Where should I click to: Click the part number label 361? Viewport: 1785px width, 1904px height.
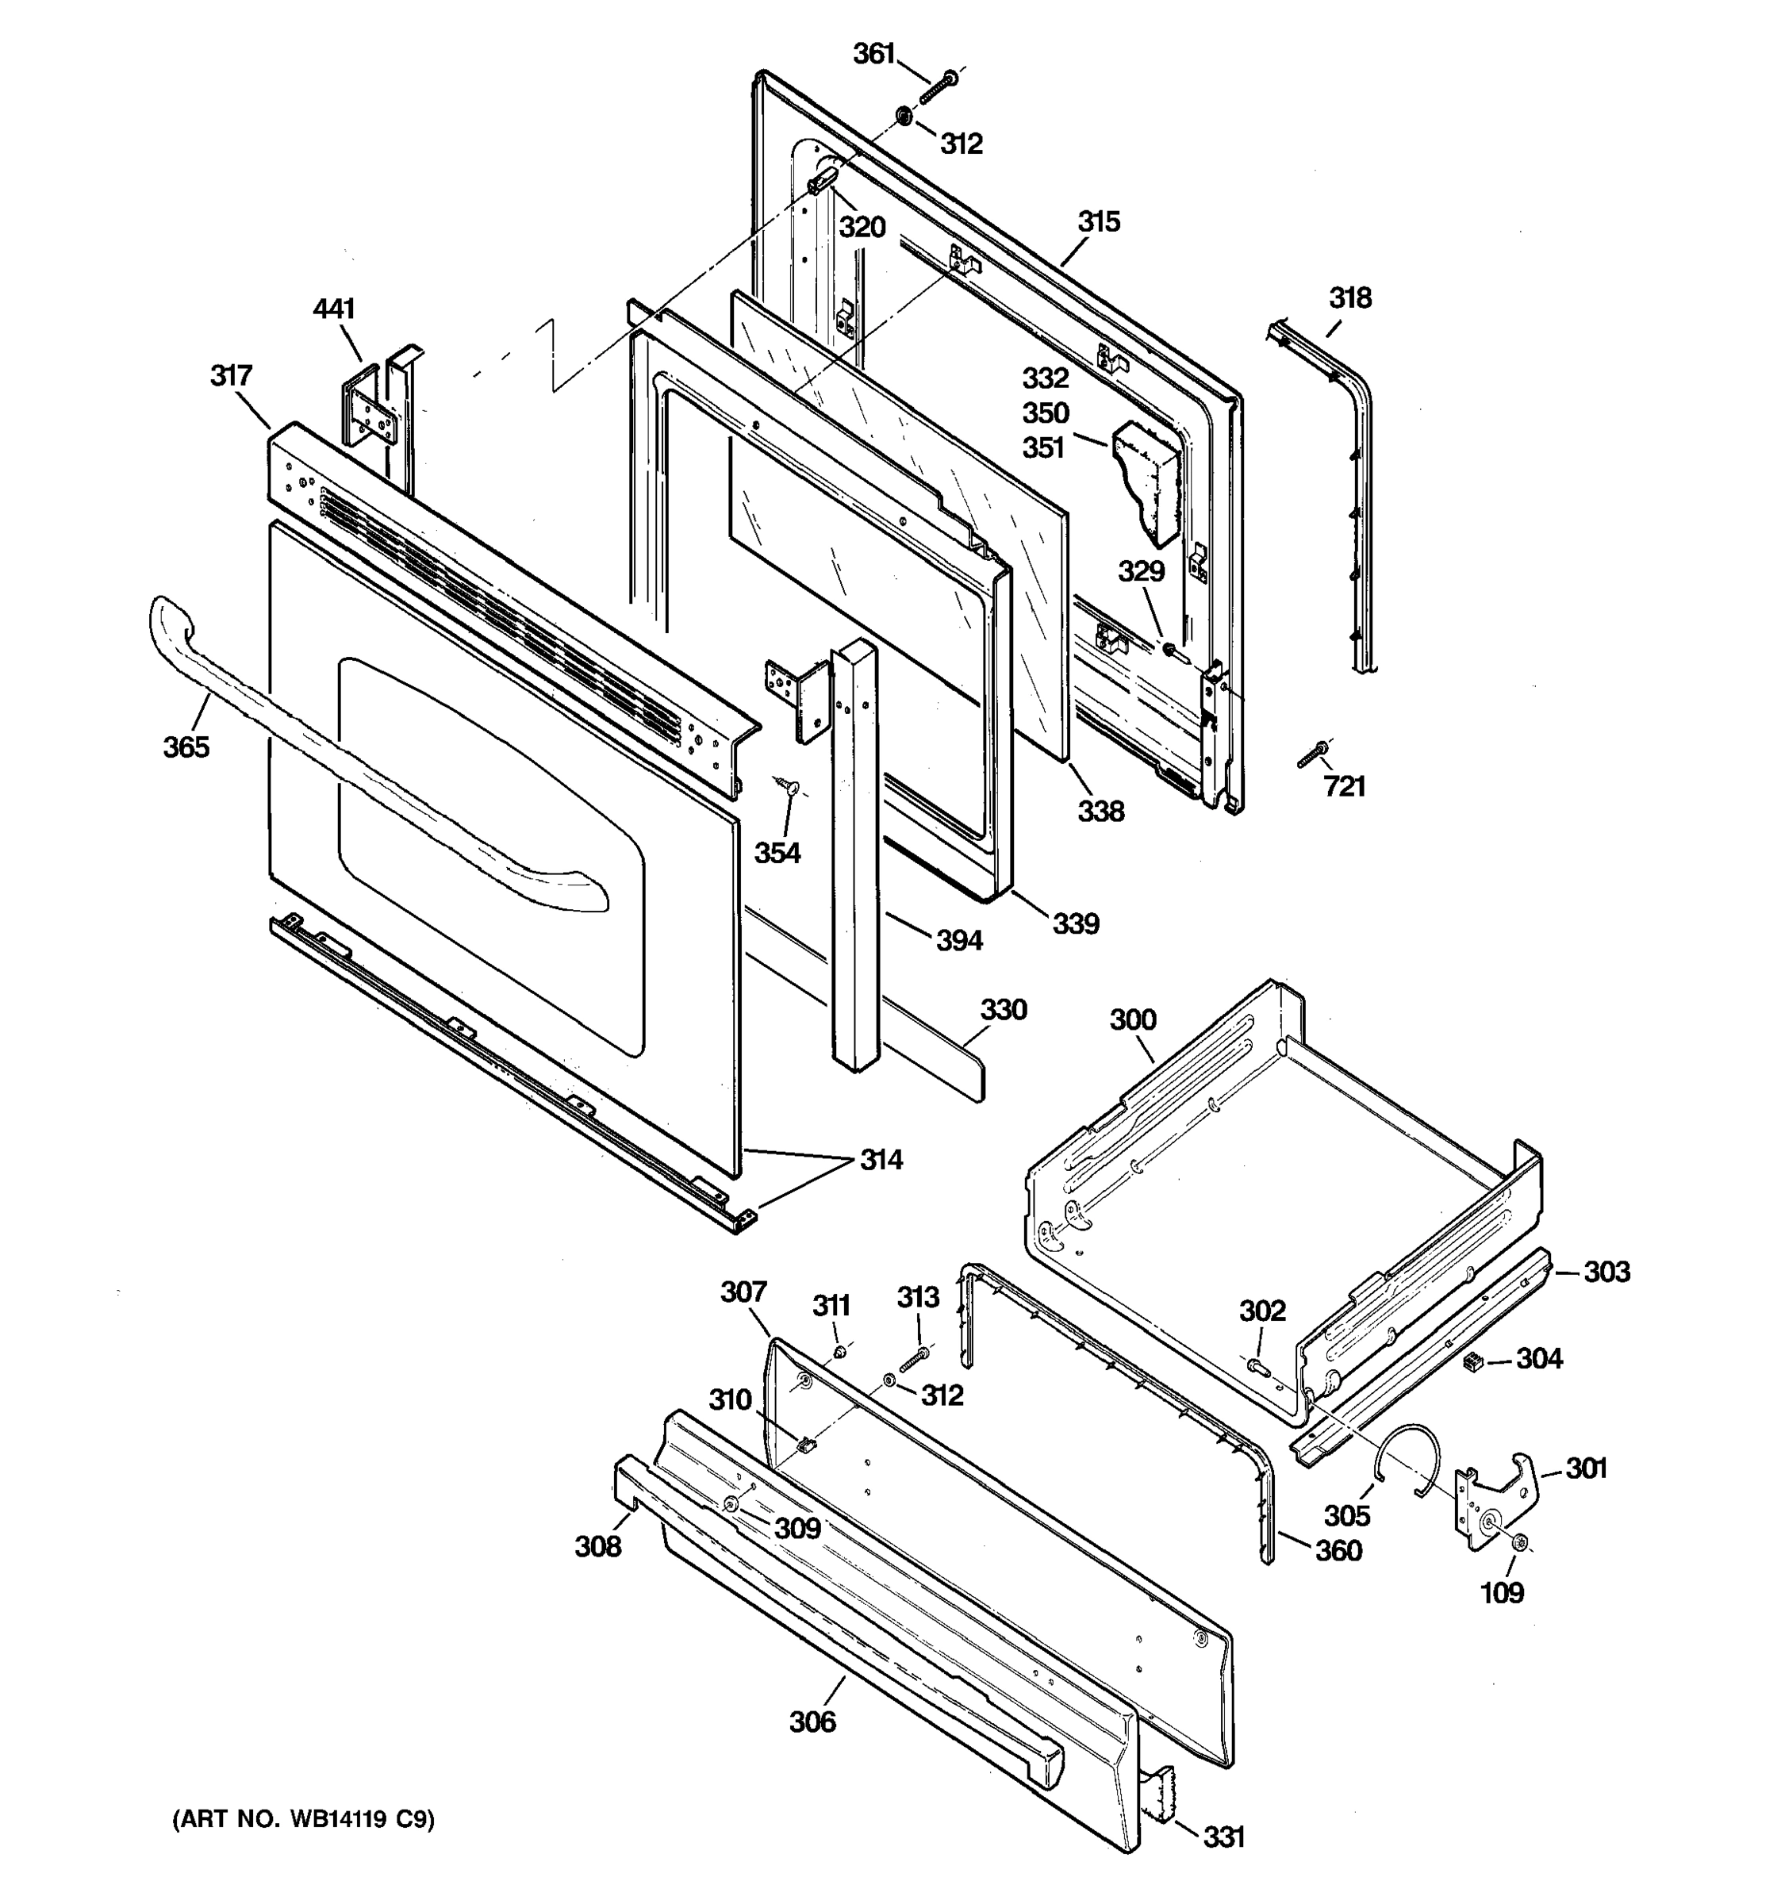point(873,55)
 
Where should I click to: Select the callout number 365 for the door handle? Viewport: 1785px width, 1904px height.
point(186,747)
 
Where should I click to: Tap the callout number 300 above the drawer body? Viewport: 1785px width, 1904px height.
point(1133,1020)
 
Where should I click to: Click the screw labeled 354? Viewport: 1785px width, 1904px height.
point(790,787)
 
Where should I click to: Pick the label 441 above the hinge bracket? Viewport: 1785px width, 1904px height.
point(334,309)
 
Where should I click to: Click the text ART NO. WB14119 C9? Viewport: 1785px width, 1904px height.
point(302,1820)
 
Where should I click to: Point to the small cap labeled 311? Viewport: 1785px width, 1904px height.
point(839,1353)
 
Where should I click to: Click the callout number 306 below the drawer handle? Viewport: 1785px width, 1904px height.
point(812,1722)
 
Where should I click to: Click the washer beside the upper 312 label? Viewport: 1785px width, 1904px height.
point(902,117)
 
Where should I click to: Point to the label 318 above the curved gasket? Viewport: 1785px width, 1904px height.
point(1349,297)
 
